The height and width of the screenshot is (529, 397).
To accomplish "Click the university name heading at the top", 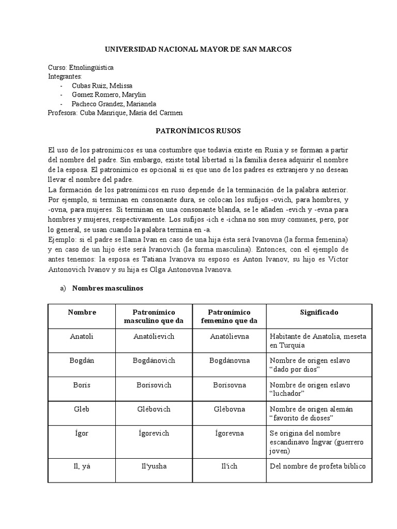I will tap(198, 49).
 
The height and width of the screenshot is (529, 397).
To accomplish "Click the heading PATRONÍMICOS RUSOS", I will tap(198, 132).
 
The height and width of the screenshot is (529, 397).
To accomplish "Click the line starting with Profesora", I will tap(115, 113).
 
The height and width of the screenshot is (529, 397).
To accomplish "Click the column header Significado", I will tap(319, 313).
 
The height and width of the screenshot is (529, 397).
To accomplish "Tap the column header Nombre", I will tap(82, 313).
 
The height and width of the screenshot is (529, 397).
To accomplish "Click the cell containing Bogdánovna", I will tap(229, 360).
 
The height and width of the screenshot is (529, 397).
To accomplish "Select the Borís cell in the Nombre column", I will tap(82, 385).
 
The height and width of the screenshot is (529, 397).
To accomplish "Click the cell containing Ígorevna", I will tap(229, 433).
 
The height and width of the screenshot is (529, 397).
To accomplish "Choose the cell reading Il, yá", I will tap(82, 466).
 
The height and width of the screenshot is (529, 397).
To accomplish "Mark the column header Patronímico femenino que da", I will tap(229, 317).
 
